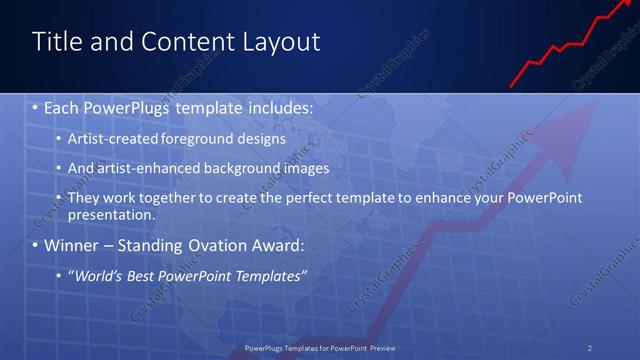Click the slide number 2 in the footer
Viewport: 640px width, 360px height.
click(x=590, y=348)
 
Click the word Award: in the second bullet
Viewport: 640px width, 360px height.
click(x=274, y=245)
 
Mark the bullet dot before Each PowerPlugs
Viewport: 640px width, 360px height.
click(x=36, y=106)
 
